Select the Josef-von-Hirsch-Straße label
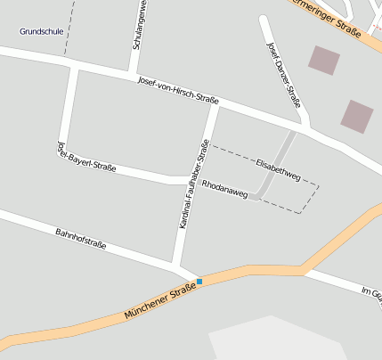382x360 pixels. click(178, 89)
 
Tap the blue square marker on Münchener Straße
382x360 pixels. click(199, 282)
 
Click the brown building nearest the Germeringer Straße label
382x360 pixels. click(324, 60)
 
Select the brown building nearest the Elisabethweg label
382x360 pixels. click(357, 116)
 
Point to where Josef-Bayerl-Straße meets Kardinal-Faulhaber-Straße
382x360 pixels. click(190, 182)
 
